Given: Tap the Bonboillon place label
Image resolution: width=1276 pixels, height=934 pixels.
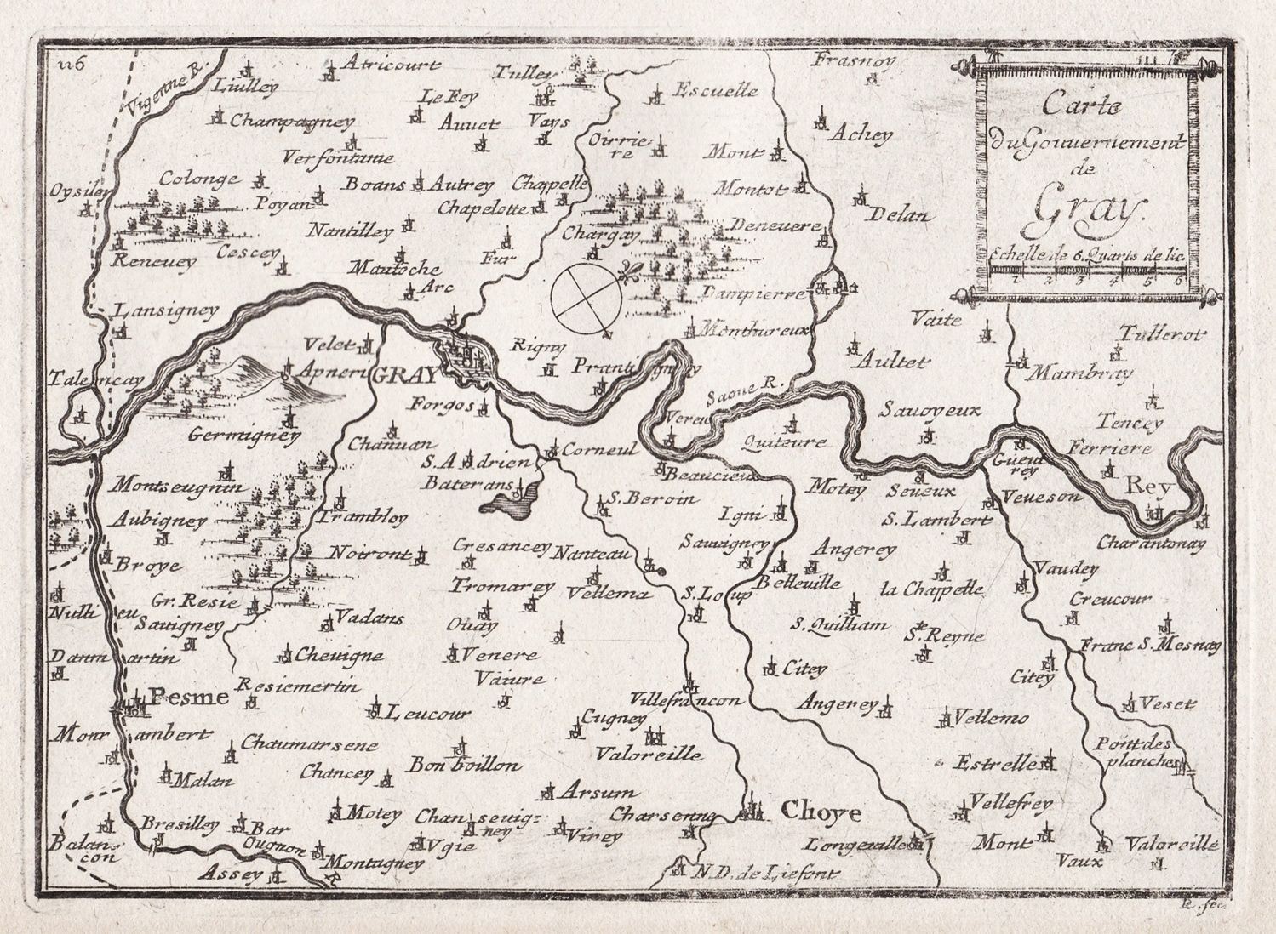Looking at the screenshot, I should [x=464, y=765].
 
